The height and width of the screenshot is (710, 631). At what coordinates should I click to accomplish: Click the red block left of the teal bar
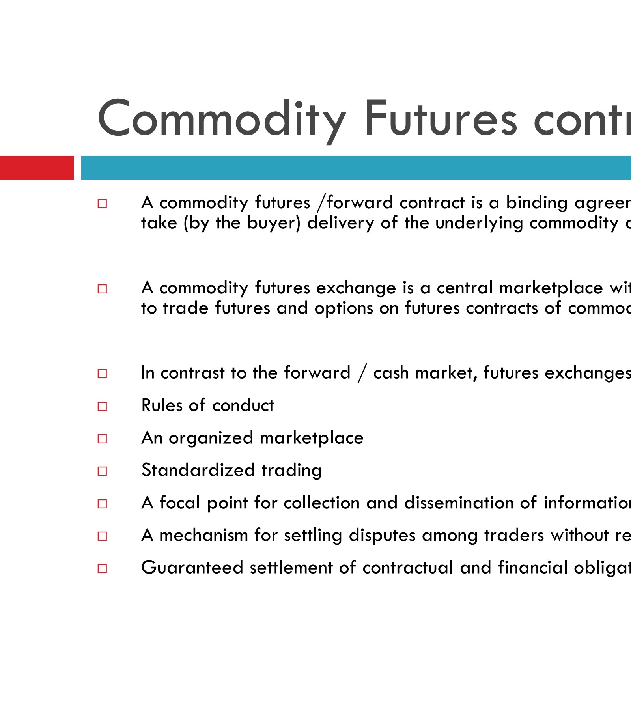(x=37, y=168)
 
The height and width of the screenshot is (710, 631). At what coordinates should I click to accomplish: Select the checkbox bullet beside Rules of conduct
(x=102, y=406)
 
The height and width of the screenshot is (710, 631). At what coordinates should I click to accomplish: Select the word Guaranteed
(x=192, y=568)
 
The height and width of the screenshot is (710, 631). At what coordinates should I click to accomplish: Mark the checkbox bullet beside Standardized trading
(x=102, y=471)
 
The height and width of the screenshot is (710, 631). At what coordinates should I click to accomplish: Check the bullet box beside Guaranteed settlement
(x=102, y=568)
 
